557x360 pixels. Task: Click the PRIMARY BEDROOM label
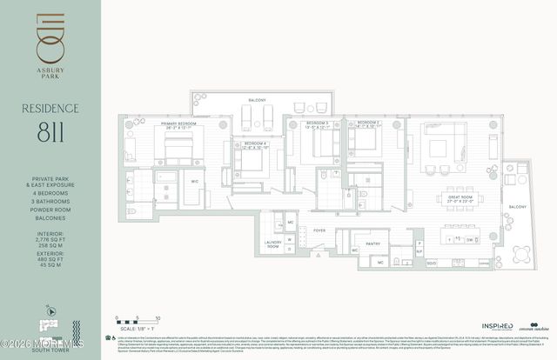[154, 124]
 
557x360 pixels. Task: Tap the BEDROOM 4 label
[254, 143]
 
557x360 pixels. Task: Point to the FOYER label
[319, 230]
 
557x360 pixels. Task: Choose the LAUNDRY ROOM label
[272, 246]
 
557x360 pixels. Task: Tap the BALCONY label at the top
[256, 101]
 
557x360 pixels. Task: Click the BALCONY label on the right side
[517, 206]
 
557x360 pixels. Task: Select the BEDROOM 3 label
[316, 124]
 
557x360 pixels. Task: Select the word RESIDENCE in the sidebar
[51, 108]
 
